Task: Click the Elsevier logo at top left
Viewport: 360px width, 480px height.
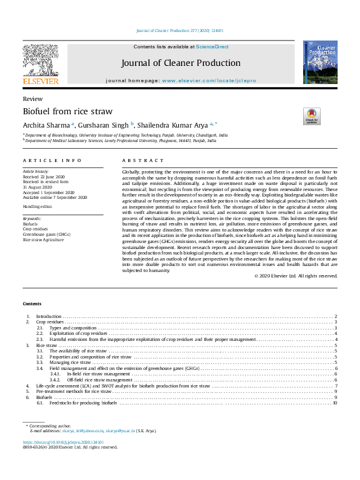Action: pos(41,64)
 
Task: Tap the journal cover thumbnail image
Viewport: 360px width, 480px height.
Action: pos(320,62)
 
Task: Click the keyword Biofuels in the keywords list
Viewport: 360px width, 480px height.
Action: pos(30,223)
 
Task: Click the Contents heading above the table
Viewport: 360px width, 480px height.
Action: pos(33,303)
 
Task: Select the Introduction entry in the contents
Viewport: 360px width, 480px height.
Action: pos(48,316)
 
